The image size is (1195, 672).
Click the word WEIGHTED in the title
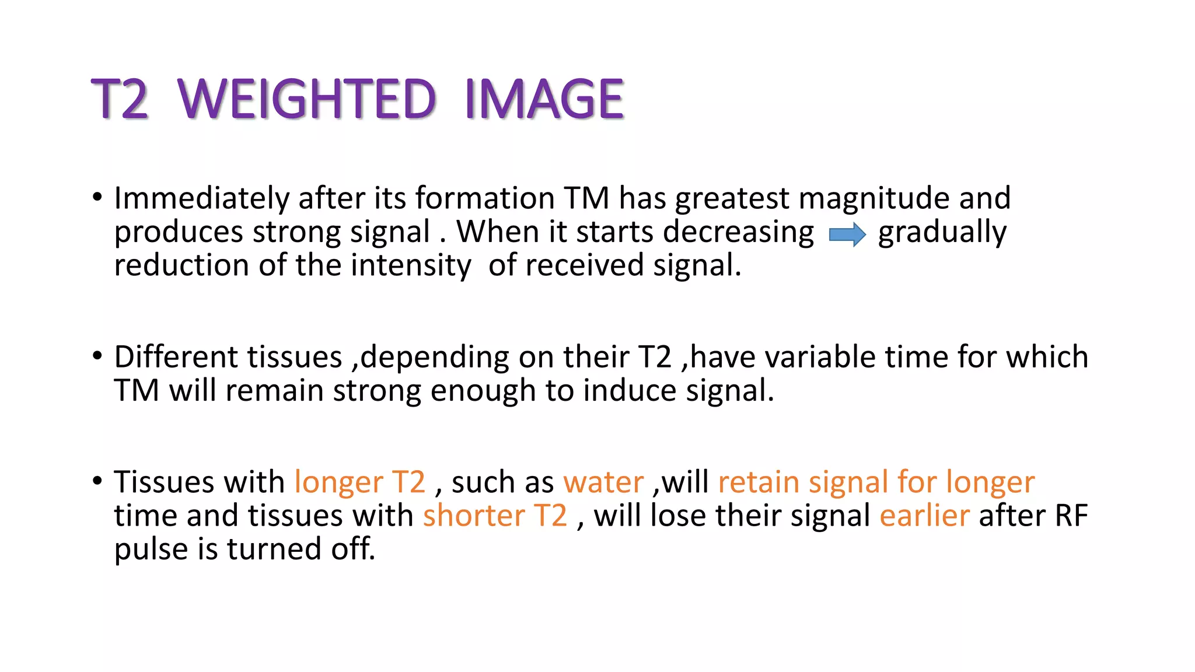(x=307, y=99)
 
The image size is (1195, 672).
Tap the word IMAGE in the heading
(x=544, y=99)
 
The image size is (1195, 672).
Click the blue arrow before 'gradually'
(x=847, y=235)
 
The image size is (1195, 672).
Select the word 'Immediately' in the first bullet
(x=201, y=199)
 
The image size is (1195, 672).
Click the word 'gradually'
(x=942, y=233)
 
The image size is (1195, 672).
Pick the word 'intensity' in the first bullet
(x=412, y=266)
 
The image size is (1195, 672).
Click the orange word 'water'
(x=603, y=483)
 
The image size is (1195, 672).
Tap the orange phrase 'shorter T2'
(x=495, y=516)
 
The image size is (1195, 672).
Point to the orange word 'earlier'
(x=924, y=516)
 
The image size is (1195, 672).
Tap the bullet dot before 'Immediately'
(x=97, y=198)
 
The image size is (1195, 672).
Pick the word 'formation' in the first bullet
(x=484, y=199)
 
